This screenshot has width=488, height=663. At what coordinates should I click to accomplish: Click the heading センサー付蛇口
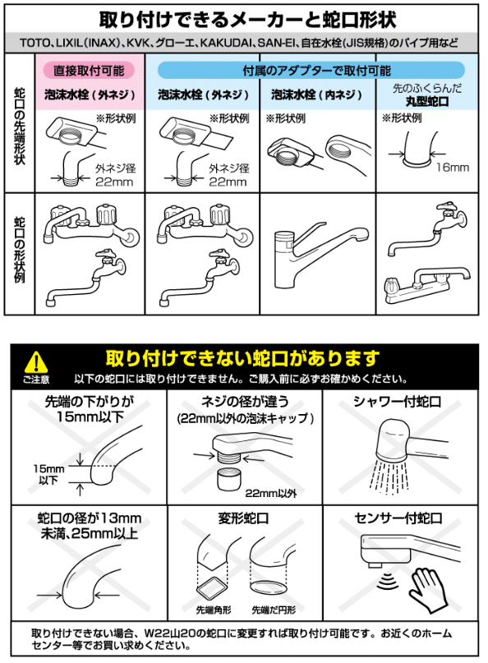click(398, 518)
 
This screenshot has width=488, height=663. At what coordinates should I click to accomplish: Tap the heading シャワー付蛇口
click(398, 402)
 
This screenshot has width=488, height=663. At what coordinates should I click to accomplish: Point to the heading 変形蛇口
click(243, 519)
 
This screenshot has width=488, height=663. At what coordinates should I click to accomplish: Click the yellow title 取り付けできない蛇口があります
click(243, 358)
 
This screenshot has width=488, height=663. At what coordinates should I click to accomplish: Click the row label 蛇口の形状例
click(20, 251)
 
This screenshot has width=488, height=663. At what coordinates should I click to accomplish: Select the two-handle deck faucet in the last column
click(432, 281)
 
